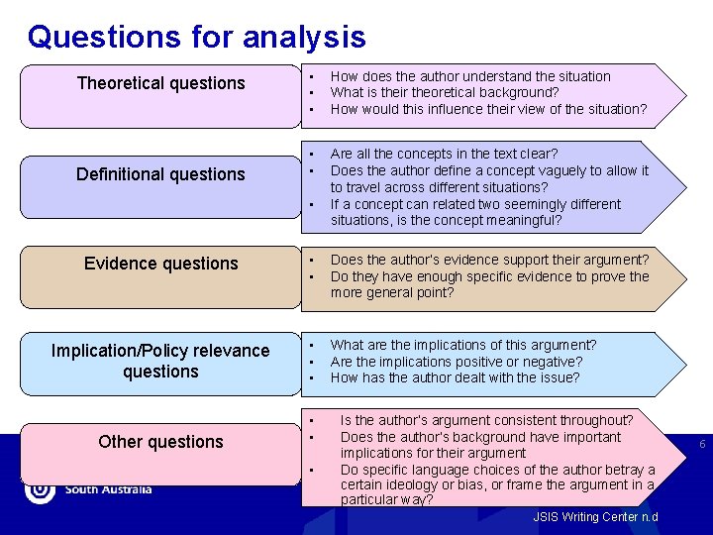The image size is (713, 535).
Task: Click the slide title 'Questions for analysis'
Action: coord(196,38)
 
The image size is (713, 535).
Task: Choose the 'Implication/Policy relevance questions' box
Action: coord(160,361)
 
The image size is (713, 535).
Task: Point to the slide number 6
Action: coord(702,445)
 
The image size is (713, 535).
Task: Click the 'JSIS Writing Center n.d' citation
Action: coord(594,517)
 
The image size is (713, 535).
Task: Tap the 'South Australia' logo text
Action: coord(108,489)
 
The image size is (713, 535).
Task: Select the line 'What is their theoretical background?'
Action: coord(445,92)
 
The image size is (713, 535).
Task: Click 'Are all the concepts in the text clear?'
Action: coord(445,154)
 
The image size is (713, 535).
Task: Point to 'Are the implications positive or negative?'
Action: coord(457,362)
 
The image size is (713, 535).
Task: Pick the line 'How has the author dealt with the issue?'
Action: coord(456,377)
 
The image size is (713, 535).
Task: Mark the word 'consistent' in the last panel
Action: coord(537,420)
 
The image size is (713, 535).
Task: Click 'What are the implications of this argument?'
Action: coord(463,345)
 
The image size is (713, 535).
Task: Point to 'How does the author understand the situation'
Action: coord(470,76)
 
